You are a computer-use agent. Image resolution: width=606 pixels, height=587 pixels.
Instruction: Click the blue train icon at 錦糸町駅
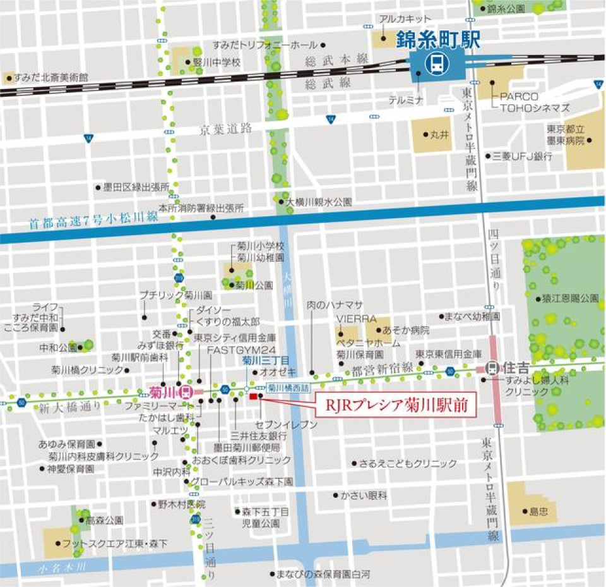pyautogui.click(x=436, y=63)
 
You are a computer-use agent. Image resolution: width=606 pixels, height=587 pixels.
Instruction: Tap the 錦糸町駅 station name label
pyautogui.click(x=438, y=40)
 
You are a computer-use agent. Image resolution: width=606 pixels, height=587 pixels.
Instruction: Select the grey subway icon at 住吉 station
pyautogui.click(x=492, y=366)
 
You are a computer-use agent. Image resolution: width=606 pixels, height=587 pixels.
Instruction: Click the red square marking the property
pyautogui.click(x=254, y=396)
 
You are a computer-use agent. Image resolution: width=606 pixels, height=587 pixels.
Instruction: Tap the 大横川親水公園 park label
pyautogui.click(x=319, y=202)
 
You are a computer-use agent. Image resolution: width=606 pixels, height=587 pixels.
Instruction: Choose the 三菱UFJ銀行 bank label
pyautogui.click(x=523, y=155)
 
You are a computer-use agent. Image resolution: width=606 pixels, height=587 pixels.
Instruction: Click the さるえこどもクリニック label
pyautogui.click(x=408, y=463)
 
